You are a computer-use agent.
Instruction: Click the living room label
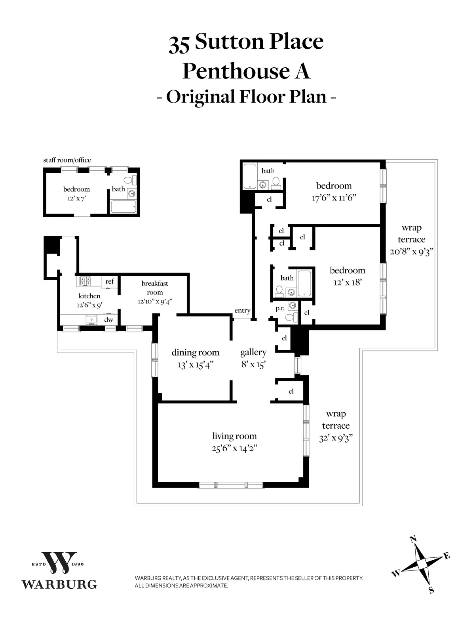(234, 436)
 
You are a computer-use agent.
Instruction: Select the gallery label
(253, 352)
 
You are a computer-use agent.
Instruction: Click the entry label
(242, 311)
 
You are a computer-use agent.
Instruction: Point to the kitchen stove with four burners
(84, 281)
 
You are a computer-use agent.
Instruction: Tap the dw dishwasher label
(108, 320)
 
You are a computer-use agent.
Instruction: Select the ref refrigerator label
(110, 281)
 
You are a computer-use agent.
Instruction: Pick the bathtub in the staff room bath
(123, 206)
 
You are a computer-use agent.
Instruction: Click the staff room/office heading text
(67, 160)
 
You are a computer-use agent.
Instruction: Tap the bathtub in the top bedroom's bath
(249, 177)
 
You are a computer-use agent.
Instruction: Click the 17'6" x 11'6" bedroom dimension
(334, 198)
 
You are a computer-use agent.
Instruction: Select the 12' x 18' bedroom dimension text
(347, 282)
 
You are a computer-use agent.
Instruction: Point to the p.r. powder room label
(280, 308)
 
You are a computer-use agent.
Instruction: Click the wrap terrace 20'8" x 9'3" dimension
(412, 252)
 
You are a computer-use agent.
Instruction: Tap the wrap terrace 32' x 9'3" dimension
(336, 438)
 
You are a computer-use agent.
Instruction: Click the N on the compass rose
(413, 539)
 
